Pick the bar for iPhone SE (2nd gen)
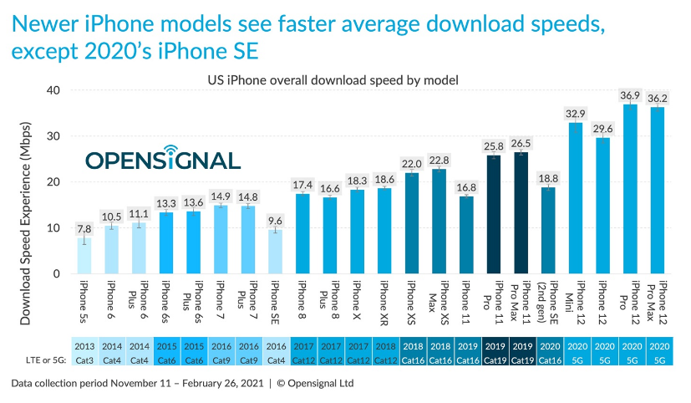tap(548, 231)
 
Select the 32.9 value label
tap(576, 112)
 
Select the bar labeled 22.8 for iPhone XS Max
tap(439, 222)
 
